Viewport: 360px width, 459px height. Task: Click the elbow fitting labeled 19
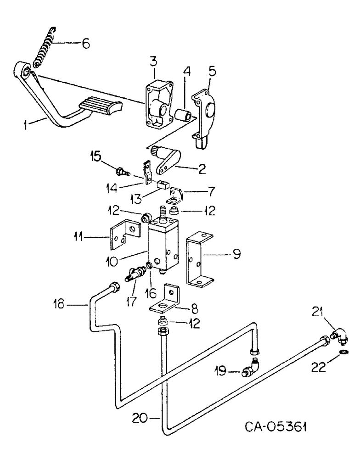tap(252, 368)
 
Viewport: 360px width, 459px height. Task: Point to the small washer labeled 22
tap(343, 354)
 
